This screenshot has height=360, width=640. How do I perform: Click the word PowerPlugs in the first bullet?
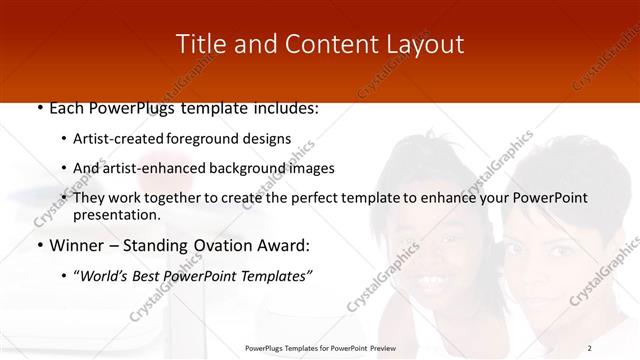(125, 108)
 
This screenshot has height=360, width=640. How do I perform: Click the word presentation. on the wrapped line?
(117, 215)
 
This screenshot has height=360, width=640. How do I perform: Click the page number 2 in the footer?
(590, 347)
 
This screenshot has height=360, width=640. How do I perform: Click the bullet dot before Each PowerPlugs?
(38, 108)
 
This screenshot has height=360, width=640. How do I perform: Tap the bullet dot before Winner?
(38, 245)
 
